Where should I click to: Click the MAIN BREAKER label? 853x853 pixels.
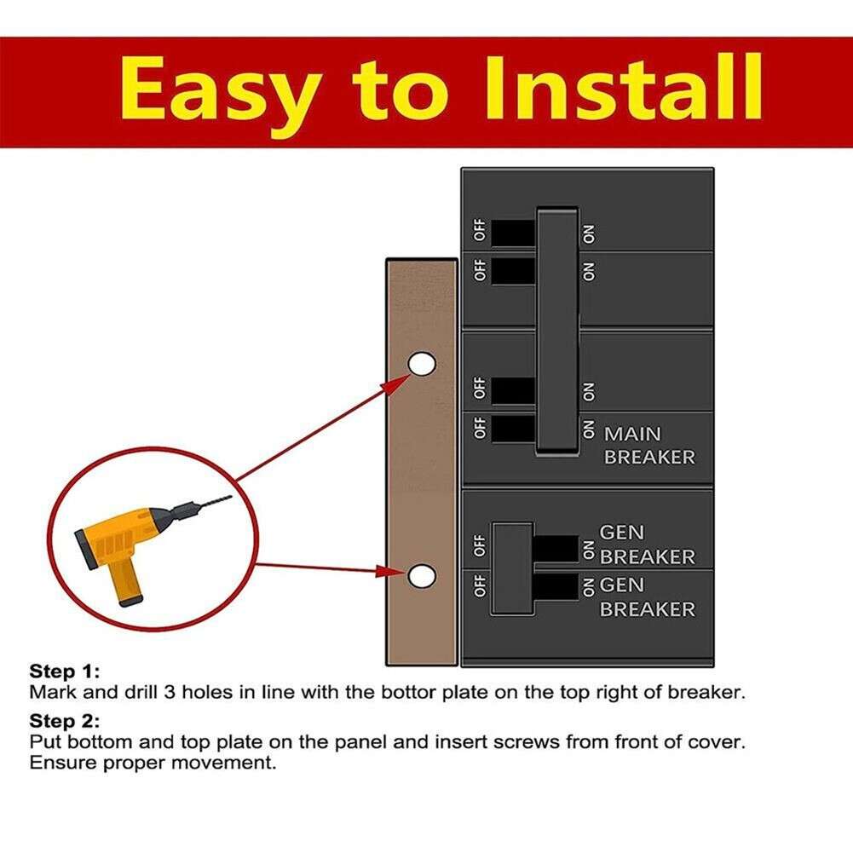(649, 445)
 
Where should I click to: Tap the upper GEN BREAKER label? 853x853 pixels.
(647, 545)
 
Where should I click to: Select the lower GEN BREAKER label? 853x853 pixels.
(647, 597)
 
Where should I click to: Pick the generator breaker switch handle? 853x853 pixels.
(513, 568)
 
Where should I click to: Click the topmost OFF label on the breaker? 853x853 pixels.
(480, 230)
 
